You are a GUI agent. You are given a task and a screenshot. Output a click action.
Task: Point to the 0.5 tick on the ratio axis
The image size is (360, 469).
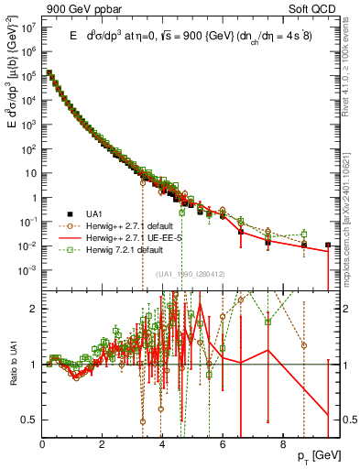coord(30,420)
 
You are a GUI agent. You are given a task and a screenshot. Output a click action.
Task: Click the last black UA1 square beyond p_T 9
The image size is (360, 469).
coord(328,245)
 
